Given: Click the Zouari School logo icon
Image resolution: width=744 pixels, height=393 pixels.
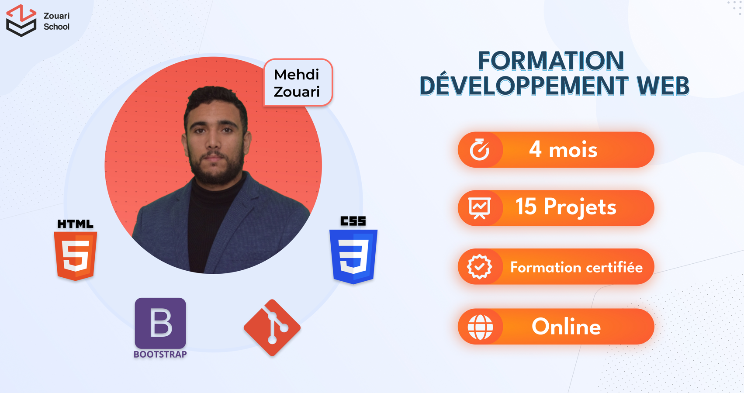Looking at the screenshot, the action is pos(21,21).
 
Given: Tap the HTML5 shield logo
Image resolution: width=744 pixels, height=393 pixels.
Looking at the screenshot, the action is pos(76,256).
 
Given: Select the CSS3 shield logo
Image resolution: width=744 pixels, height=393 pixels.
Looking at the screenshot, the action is pos(353,257).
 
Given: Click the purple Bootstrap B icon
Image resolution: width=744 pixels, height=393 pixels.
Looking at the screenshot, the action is pos(160,323).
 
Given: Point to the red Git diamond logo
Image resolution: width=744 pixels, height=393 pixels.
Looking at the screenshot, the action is pos(272,327).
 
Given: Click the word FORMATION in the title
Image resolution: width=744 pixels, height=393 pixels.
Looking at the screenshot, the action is pos(551,61).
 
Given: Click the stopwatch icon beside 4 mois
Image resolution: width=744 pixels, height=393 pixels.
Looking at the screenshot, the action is pos(480,149).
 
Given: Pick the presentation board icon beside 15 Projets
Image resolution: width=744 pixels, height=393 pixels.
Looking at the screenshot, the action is pos(480,208).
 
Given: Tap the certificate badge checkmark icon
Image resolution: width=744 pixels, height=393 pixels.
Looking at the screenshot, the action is pos(480,266).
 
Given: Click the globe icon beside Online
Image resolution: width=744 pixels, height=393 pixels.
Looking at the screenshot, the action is pos(480,327).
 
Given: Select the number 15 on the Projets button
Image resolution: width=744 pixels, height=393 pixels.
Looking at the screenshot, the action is pos(526,206).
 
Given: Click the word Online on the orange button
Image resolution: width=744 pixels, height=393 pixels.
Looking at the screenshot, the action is pos(566,327).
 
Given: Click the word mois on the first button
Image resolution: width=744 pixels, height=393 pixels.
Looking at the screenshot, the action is pos(573,150).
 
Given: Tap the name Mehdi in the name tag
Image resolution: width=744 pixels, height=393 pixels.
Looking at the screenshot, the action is pos(297,74).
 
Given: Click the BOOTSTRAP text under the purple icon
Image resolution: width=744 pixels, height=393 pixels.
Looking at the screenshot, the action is pos(160,354).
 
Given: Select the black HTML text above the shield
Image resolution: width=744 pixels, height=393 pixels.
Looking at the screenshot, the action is pos(76,224).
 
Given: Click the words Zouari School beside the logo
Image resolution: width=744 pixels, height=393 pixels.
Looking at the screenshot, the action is pos(56,21).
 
